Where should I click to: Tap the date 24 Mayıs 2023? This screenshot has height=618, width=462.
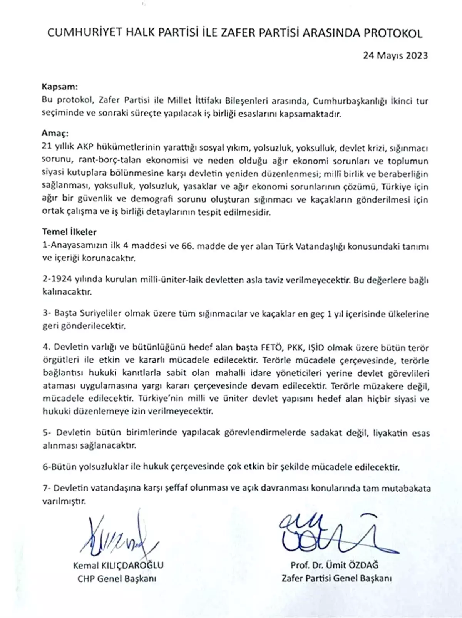395,55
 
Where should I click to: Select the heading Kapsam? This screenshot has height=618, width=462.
59,87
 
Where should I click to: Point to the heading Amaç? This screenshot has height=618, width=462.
55,134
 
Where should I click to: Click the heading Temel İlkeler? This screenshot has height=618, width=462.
69,232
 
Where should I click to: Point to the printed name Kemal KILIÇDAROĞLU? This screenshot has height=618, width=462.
118,566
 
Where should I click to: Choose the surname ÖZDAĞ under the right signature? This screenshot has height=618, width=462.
363,565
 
